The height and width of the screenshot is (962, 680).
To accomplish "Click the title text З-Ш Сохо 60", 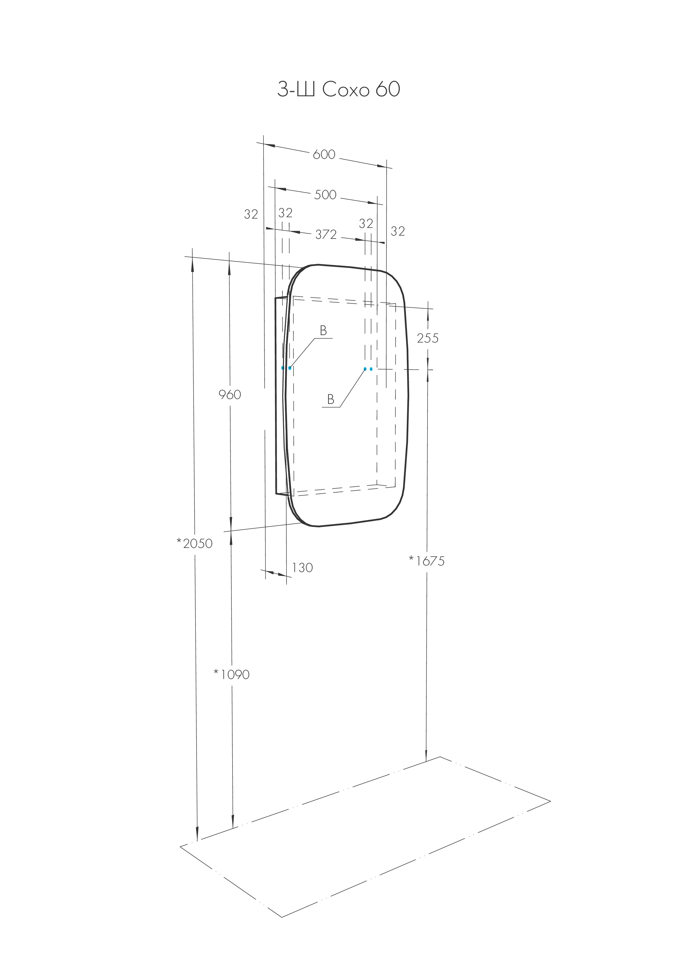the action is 339,89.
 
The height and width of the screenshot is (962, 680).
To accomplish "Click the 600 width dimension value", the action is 324,155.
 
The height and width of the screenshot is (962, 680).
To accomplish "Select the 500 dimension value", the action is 325,194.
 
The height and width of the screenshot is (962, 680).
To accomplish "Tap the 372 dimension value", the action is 326,235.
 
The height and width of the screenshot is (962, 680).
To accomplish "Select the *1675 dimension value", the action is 427,561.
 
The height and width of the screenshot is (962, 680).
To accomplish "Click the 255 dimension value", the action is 428,338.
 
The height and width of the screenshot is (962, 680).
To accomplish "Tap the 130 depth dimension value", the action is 302,568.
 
